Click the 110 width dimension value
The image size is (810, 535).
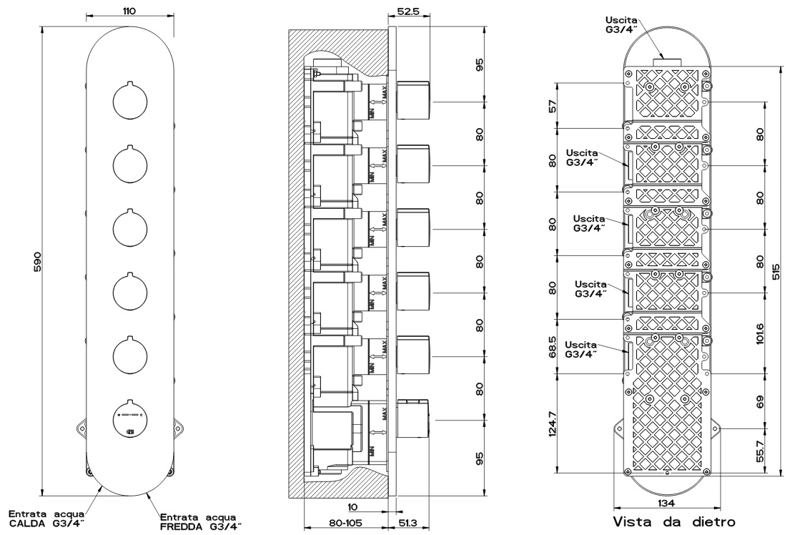coord(129,11)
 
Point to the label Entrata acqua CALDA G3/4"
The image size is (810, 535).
coord(47,519)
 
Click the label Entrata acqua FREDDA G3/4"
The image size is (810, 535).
coord(201,522)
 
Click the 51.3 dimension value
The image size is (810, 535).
coord(410,524)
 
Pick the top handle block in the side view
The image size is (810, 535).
coord(413,101)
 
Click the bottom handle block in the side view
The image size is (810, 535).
coord(413,418)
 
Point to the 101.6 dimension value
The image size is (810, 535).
coord(760,333)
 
